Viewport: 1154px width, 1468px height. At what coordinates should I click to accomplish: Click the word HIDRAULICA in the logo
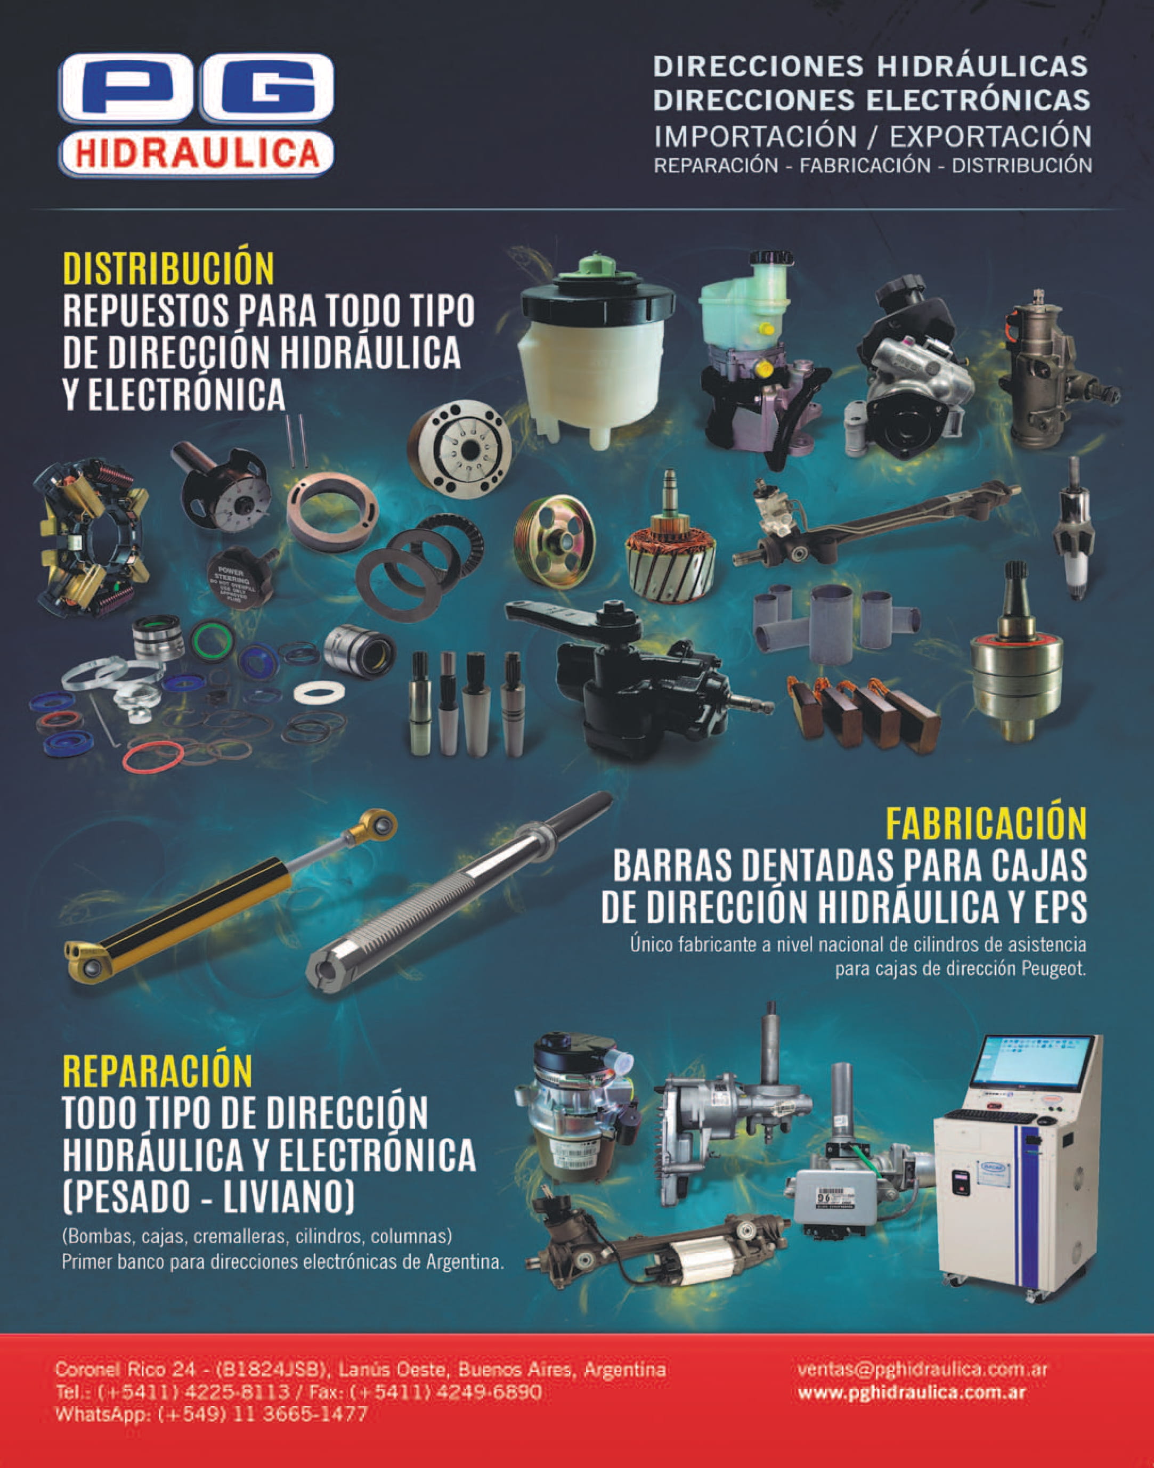click(x=197, y=153)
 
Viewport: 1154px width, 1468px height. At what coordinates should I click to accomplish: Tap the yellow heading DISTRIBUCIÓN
click(x=169, y=268)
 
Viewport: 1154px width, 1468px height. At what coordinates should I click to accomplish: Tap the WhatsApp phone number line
click(x=212, y=1414)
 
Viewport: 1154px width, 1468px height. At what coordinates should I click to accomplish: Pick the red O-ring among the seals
click(x=153, y=756)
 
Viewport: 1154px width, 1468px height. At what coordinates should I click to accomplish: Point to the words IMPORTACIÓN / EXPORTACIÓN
click(x=872, y=136)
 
